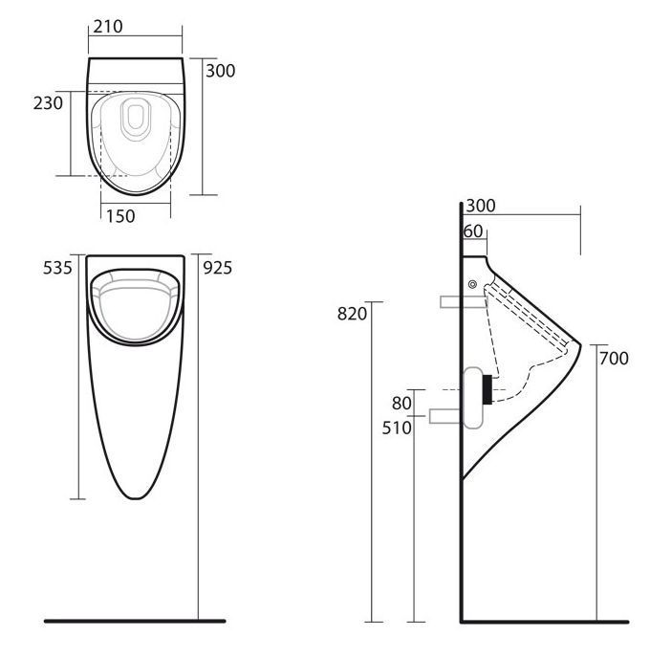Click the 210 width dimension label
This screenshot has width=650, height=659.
[108, 27]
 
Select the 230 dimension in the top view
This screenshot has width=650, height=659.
[49, 103]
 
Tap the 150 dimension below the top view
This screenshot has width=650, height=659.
[120, 216]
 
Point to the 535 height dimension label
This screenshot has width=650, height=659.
[57, 268]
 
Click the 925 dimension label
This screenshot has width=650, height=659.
[218, 268]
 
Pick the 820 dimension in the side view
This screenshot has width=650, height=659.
[353, 314]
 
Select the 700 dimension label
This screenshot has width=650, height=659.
[614, 359]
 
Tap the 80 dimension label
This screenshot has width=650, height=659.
[401, 404]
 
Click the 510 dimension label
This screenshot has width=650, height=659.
[397, 428]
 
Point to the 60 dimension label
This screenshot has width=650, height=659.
[473, 231]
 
